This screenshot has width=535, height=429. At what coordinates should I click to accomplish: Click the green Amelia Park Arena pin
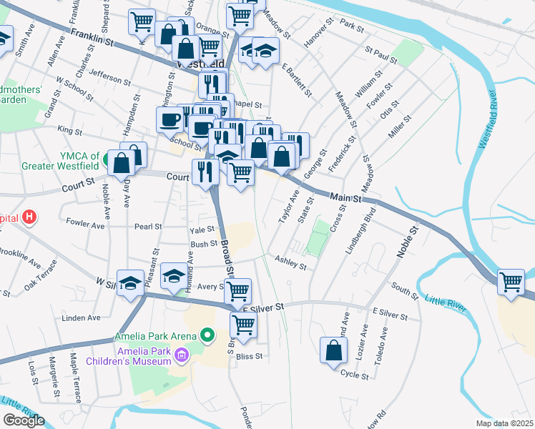coord(208,334)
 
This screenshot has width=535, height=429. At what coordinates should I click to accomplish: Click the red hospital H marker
coord(29,217)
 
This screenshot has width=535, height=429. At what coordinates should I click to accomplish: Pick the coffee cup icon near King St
coord(170,119)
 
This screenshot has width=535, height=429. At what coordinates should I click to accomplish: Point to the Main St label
coord(345,197)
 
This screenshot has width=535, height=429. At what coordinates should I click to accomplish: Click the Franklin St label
coord(92,38)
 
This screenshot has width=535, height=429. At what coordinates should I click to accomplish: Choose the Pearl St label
coord(149,227)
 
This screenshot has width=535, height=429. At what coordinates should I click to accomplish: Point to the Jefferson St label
coord(109,78)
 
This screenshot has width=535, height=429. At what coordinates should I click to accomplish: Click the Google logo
coord(24,420)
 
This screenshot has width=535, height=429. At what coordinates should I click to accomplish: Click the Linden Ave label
coord(79,317)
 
